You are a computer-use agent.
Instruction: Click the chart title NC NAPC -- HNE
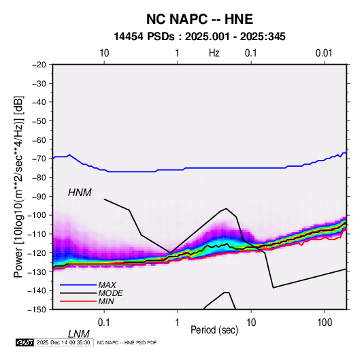click(199, 19)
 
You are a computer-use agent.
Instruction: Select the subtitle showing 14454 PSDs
click(199, 37)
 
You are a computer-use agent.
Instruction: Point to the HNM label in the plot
click(80, 193)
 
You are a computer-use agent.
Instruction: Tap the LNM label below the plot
click(78, 334)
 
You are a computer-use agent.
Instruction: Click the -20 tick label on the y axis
click(39, 65)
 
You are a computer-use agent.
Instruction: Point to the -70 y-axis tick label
click(39, 159)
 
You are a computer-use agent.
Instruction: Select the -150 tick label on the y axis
click(37, 310)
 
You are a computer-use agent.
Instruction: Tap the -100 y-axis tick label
click(37, 215)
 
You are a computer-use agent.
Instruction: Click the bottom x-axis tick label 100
click(325, 323)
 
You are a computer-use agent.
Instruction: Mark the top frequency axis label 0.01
click(324, 53)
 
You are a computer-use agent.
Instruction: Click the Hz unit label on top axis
click(214, 53)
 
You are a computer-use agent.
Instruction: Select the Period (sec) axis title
click(214, 330)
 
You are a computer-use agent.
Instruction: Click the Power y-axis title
click(18, 187)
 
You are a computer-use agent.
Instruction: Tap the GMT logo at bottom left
click(25, 342)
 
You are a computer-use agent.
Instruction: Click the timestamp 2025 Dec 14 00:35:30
click(63, 342)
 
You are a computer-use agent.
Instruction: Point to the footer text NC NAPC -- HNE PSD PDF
click(127, 342)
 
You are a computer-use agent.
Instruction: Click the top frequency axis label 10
click(104, 53)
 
